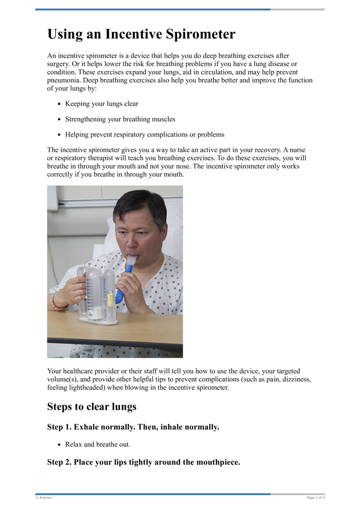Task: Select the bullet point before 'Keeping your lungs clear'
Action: click(x=59, y=104)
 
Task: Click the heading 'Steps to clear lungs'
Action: click(x=92, y=407)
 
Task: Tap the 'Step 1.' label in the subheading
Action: click(x=59, y=427)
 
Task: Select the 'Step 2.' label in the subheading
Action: click(x=59, y=462)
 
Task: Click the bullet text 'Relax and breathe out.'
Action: click(x=98, y=444)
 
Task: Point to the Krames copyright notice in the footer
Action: click(x=44, y=498)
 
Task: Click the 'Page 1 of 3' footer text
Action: click(x=315, y=498)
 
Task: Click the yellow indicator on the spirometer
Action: click(x=110, y=299)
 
